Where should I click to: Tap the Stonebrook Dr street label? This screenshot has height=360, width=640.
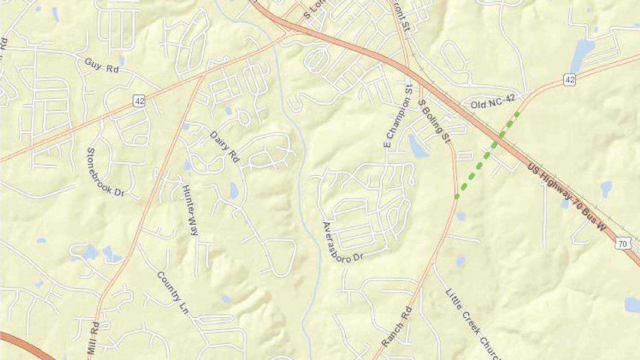point(105,172)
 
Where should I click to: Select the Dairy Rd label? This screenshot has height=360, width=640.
point(225,147)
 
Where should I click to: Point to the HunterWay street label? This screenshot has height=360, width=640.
point(190,209)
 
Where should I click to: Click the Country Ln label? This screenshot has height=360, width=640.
point(172,293)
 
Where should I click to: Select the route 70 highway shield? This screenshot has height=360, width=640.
point(621,243)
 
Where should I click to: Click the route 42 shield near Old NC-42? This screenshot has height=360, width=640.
point(570,80)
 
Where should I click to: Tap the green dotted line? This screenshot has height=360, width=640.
point(486,154)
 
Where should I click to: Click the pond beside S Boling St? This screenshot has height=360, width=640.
point(418,147)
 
